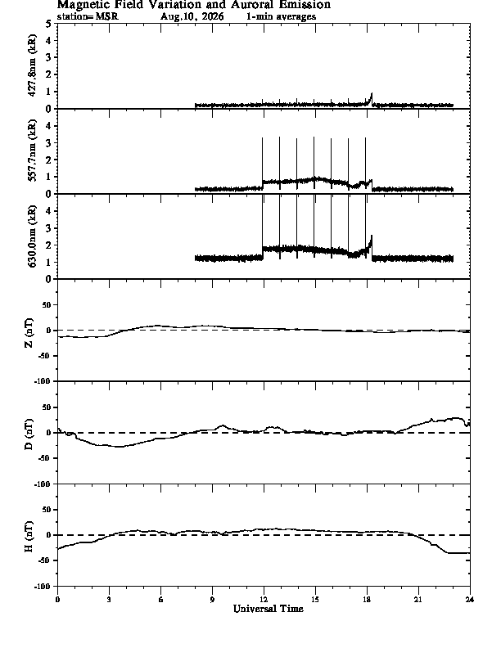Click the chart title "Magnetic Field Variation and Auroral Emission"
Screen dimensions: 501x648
point(194,5)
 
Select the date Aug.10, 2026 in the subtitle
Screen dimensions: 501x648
point(192,16)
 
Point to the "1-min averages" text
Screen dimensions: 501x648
point(281,16)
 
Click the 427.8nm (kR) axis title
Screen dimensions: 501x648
point(32,65)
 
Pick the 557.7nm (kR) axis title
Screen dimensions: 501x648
point(32,151)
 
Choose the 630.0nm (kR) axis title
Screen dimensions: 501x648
point(32,236)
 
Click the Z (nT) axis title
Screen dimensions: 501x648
point(29,332)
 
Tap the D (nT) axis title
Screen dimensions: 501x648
point(29,434)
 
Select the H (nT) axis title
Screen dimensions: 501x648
point(29,537)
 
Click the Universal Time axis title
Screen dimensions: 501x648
point(269,609)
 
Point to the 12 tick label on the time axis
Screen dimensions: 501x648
point(264,600)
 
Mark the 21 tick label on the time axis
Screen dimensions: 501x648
point(418,600)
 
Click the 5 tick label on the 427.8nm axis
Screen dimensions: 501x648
point(49,24)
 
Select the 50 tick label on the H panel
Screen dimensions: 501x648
point(47,510)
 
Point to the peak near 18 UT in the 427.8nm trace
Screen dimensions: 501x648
point(372,94)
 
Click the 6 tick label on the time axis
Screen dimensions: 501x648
point(160,600)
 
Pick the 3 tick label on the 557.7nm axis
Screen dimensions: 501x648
point(49,143)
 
